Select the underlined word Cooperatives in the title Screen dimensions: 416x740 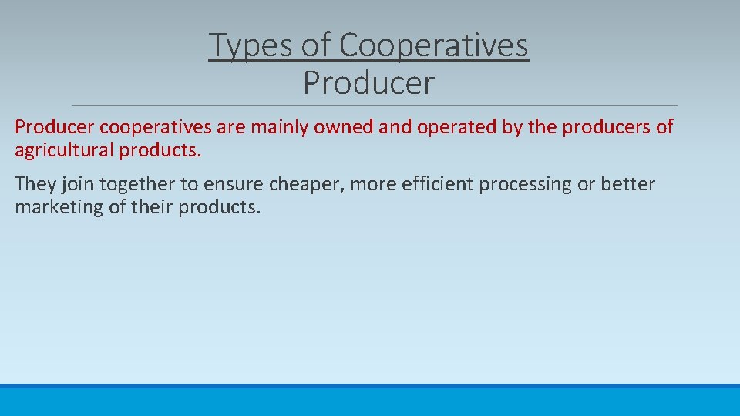pyautogui.click(x=433, y=45)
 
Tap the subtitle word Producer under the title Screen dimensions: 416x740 pyautogui.click(x=368, y=83)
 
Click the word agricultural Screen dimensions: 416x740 pyautogui.click(x=64, y=150)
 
